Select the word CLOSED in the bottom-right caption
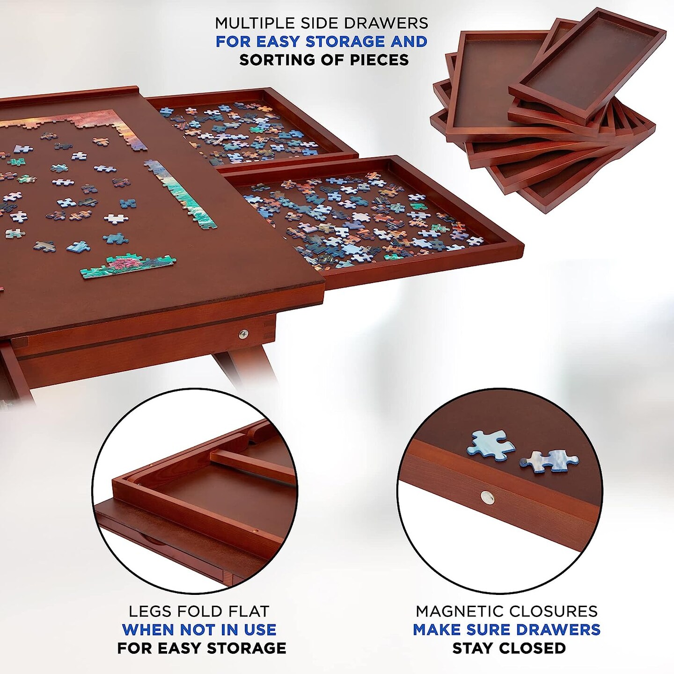(x=532, y=648)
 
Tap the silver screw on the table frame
(x=243, y=334)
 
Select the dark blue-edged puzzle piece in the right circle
(x=549, y=461)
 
